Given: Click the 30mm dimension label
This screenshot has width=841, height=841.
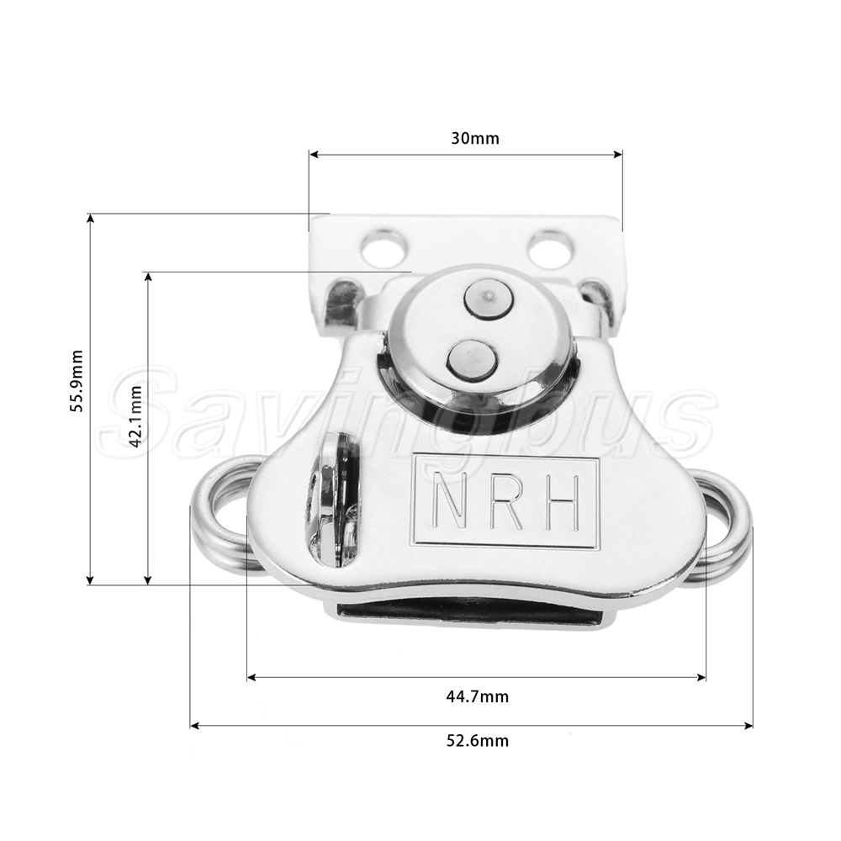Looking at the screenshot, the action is click(x=474, y=139).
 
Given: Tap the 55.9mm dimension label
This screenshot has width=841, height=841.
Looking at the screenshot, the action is click(x=77, y=380).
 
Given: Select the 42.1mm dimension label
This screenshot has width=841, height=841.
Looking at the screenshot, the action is click(x=135, y=416).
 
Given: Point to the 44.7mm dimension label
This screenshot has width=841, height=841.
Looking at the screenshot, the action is click(x=478, y=696).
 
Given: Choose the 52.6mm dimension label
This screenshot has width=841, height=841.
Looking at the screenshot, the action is click(x=478, y=741).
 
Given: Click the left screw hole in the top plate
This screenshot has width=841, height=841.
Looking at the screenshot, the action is click(x=383, y=248).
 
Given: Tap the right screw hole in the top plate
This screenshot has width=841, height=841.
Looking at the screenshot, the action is click(x=551, y=248).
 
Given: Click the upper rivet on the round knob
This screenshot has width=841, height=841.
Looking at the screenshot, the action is click(x=487, y=299).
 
